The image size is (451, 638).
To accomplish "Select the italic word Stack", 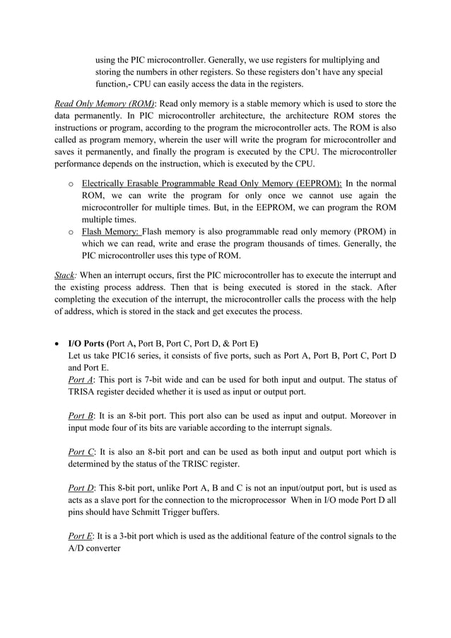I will (64, 273).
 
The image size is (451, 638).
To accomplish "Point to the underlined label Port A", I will (80, 380).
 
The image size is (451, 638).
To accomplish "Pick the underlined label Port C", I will (80, 451).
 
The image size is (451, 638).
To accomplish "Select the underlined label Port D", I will (81, 488).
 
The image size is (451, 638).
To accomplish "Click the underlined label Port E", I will (80, 535).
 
